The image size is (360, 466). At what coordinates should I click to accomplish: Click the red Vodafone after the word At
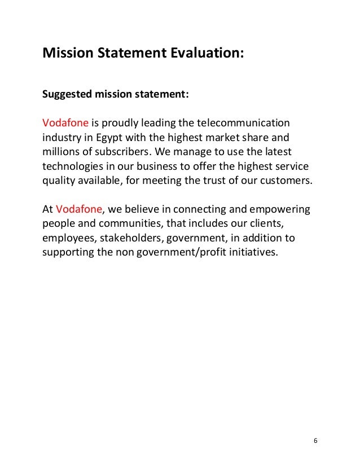[x=79, y=209]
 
